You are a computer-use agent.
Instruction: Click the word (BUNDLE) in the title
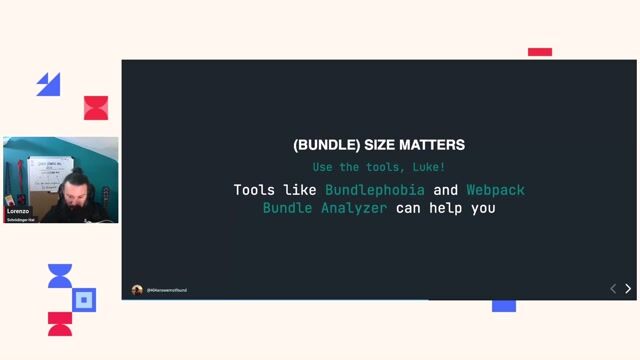tap(320, 145)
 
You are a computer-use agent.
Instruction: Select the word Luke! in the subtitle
tap(427, 167)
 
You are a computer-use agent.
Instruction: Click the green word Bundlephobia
tap(375, 190)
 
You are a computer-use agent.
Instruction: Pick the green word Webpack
tap(495, 190)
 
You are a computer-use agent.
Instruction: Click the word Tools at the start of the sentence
tap(254, 190)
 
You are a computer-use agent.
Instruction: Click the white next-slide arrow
tap(628, 289)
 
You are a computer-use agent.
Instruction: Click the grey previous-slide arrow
tap(613, 289)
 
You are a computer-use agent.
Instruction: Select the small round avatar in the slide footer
tap(137, 290)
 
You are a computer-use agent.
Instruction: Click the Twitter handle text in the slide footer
tap(167, 290)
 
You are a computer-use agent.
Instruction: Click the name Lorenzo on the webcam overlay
tap(18, 212)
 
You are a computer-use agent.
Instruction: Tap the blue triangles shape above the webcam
tap(48, 85)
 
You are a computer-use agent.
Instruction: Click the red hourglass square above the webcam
tap(96, 108)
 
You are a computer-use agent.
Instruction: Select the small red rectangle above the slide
tap(540, 52)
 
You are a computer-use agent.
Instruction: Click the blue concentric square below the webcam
tap(85, 299)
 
